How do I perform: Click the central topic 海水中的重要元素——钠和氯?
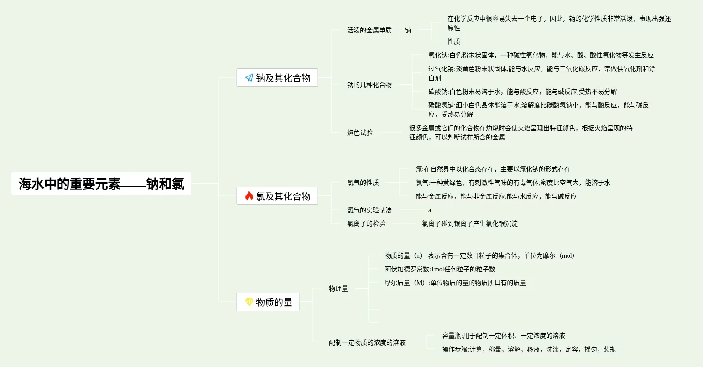[x=101, y=183]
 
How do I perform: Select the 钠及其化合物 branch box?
[x=277, y=77]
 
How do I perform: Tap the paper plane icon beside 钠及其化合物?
[x=249, y=77]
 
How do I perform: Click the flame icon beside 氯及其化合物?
[x=249, y=196]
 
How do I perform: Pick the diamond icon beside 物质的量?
[x=249, y=302]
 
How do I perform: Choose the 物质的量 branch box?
[x=268, y=302]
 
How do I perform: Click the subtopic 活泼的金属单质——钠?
[x=379, y=30]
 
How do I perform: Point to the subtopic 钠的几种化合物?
[x=369, y=85]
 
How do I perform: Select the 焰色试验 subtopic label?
[x=359, y=133]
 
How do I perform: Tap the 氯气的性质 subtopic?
[x=363, y=183]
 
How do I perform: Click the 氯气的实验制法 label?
[x=369, y=210]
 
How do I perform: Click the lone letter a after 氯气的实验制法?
[x=430, y=210]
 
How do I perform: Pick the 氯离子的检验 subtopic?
[x=366, y=224]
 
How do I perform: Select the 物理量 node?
[x=338, y=289]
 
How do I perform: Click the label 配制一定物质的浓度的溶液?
[x=367, y=342]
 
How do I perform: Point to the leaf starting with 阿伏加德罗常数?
[x=439, y=269]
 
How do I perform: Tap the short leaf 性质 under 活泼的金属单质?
[x=453, y=41]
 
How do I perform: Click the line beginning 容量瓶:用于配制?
[x=503, y=336]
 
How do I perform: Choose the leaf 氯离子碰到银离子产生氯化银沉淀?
[x=469, y=224]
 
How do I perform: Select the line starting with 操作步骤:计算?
[x=529, y=349]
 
